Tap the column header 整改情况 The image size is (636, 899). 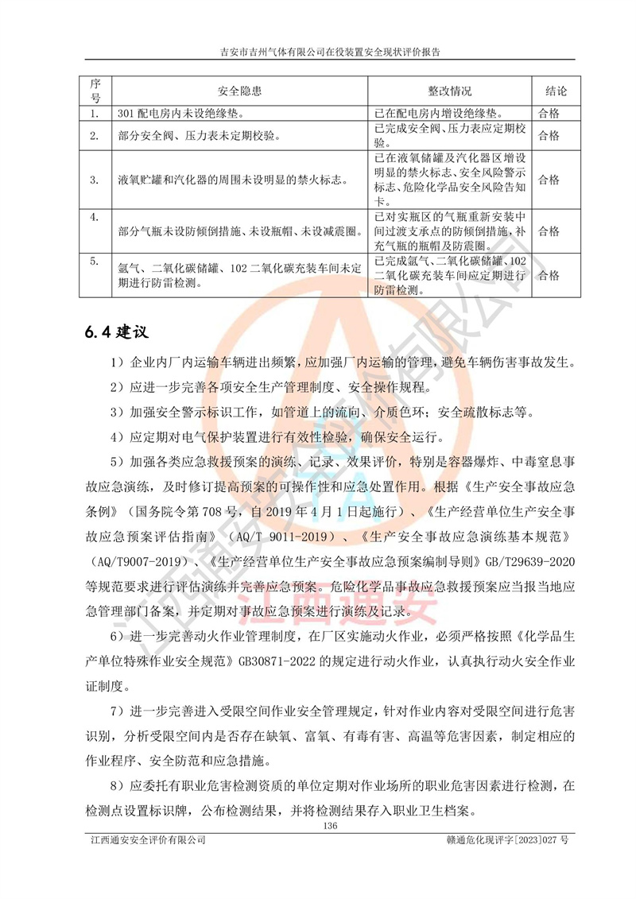click(450, 91)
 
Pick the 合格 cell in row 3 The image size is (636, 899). click(549, 180)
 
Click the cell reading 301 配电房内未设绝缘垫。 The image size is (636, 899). click(188, 114)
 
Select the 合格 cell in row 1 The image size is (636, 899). click(549, 114)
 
